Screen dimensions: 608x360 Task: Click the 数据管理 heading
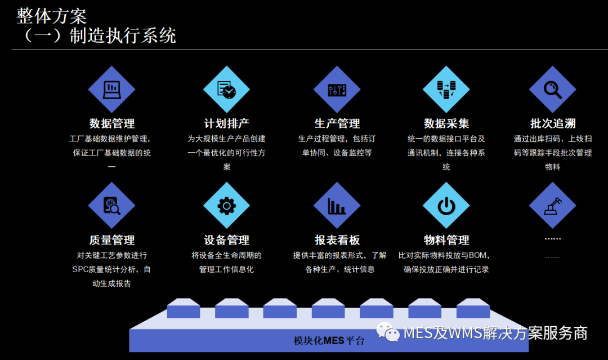[111, 123]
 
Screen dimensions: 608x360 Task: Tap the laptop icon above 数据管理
[111, 89]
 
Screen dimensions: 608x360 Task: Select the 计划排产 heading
[226, 123]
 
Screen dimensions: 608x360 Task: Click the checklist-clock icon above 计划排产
[226, 89]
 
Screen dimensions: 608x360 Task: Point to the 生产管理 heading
[337, 123]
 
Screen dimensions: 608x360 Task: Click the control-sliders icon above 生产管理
[337, 89]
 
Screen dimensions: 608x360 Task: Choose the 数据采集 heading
[446, 123]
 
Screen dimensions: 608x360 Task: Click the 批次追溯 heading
[552, 123]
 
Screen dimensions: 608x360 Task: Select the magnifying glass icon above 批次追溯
[552, 89]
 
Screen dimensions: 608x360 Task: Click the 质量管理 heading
[111, 240]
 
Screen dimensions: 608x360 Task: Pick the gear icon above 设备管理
[226, 205]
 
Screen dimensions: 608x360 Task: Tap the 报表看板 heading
[337, 240]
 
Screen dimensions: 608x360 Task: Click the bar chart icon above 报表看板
[337, 205]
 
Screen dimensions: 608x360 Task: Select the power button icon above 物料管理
[446, 205]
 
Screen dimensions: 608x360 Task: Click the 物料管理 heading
[446, 240]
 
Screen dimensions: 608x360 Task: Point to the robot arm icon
[552, 205]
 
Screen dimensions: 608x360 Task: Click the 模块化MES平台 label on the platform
[329, 340]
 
